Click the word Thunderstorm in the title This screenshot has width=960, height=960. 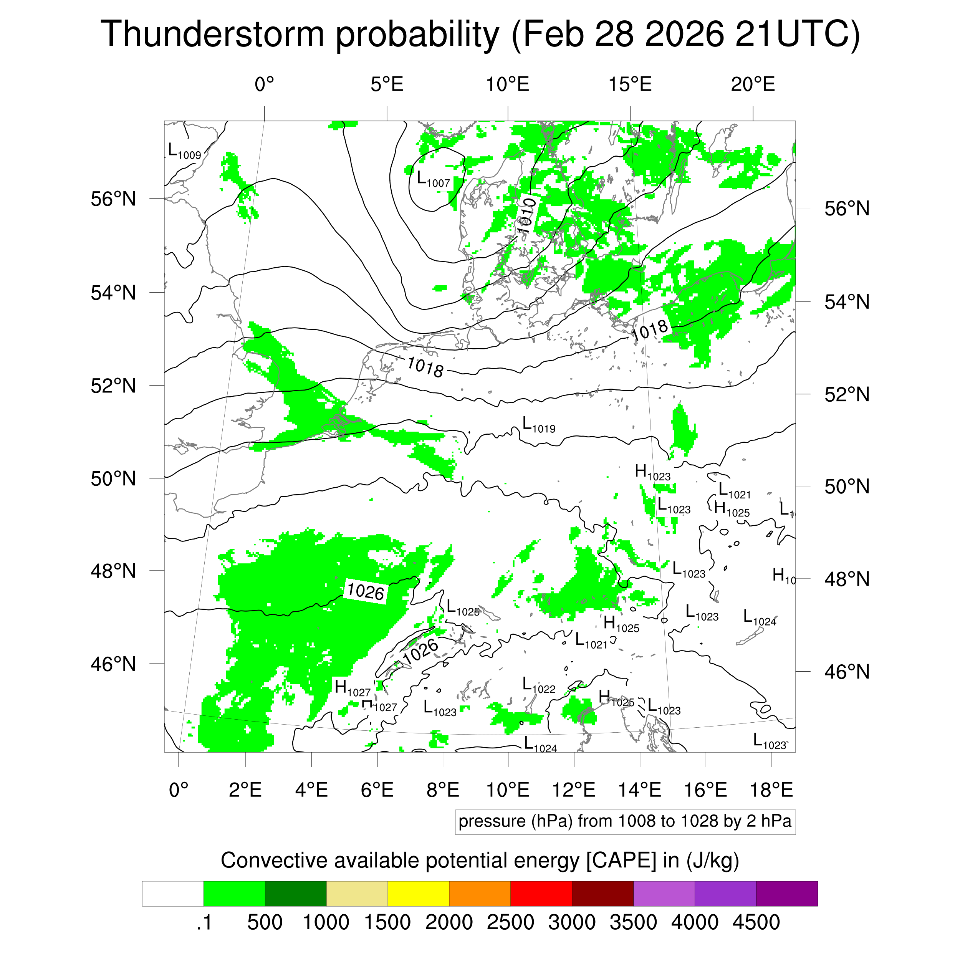pos(213,34)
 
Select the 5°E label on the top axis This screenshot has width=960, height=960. pos(387,84)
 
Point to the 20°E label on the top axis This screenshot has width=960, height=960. pos(752,84)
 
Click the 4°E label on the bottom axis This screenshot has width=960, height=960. pos(311,790)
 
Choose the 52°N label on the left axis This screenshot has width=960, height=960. pos(113,386)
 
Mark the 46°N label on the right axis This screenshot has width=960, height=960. pos(847,672)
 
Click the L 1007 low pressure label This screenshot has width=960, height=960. pos(433,179)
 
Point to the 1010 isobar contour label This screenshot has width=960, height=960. pos(526,216)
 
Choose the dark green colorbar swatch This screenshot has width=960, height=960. pos(295,894)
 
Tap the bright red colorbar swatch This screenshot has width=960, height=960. pos(541,894)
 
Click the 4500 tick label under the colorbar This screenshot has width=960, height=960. pos(756,923)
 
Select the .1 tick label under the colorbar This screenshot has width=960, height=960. pos(204,923)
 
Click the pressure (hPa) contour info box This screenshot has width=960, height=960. pos(625,821)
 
